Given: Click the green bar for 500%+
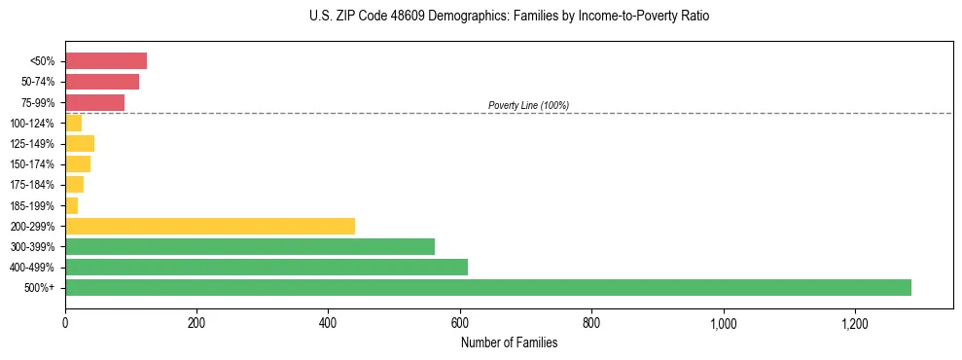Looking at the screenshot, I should click(x=487, y=287).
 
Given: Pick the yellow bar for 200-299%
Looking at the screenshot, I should click(x=209, y=226).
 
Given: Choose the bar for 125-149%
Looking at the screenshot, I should click(x=79, y=143).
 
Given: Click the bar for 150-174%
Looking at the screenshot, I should click(x=77, y=163).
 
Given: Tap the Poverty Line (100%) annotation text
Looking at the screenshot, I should click(x=528, y=105).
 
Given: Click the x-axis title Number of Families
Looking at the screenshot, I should click(x=509, y=342).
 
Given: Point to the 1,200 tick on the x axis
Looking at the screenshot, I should click(x=855, y=322).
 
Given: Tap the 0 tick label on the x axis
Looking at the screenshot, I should click(x=65, y=322).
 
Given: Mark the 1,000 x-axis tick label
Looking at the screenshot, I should click(x=723, y=322).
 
